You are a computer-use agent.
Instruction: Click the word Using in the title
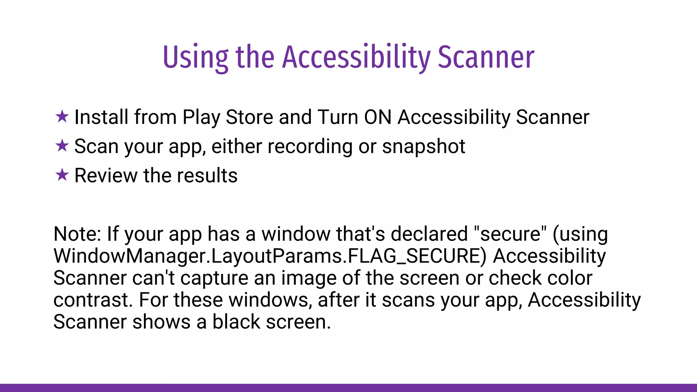pyautogui.click(x=196, y=57)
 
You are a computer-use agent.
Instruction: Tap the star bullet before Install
pyautogui.click(x=62, y=117)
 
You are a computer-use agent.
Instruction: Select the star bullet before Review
pyautogui.click(x=62, y=175)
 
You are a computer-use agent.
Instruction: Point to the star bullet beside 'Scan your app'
pyautogui.click(x=62, y=146)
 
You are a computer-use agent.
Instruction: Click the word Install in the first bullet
pyautogui.click(x=101, y=117)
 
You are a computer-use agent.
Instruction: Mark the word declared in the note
pyautogui.click(x=429, y=234)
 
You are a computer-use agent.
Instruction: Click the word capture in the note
pyautogui.click(x=214, y=278)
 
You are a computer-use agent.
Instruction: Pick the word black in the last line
pyautogui.click(x=236, y=322)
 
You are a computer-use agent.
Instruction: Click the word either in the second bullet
pyautogui.click(x=237, y=146)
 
